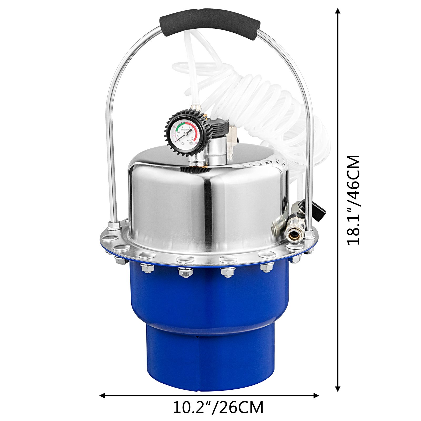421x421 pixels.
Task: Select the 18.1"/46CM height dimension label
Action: [x=353, y=200]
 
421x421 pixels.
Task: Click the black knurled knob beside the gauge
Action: [x=219, y=128]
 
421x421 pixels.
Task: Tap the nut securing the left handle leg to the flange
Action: [x=114, y=225]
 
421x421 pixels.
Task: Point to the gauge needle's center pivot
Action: [x=185, y=134]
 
